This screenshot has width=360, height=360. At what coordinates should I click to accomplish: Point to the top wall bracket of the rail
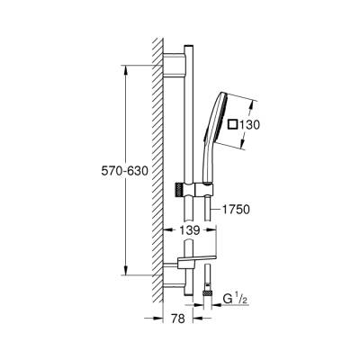click(175, 63)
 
